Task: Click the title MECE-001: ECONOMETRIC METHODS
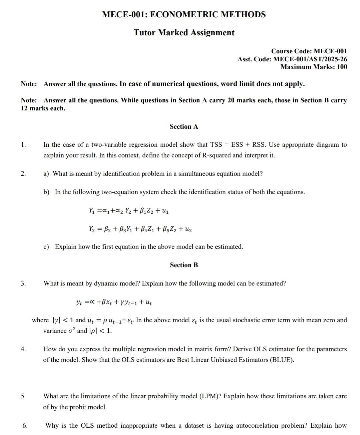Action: pyautogui.click(x=184, y=15)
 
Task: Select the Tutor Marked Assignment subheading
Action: pyautogui.click(x=184, y=33)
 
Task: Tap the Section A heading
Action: pyautogui.click(x=184, y=127)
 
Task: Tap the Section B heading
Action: pyautogui.click(x=184, y=265)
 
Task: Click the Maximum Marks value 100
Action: pyautogui.click(x=342, y=67)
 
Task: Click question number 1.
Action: pyautogui.click(x=23, y=145)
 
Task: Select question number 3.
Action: pyautogui.click(x=23, y=283)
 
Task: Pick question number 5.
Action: pyautogui.click(x=23, y=396)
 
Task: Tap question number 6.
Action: pyautogui.click(x=25, y=426)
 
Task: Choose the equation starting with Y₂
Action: pyautogui.click(x=140, y=229)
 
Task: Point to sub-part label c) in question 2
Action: pyautogui.click(x=46, y=247)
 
